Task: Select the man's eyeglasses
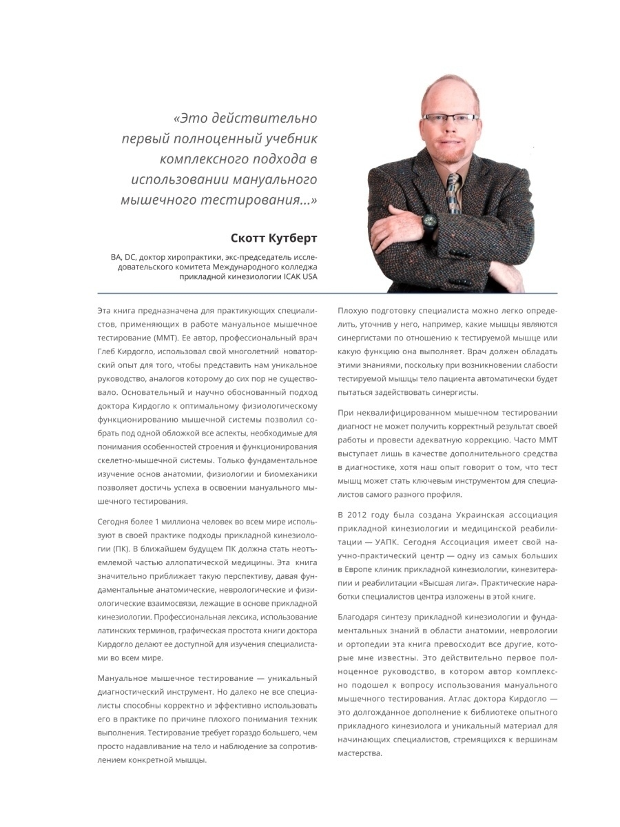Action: coord(449,117)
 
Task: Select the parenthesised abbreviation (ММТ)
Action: coord(164,338)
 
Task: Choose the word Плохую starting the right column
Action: coord(353,310)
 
